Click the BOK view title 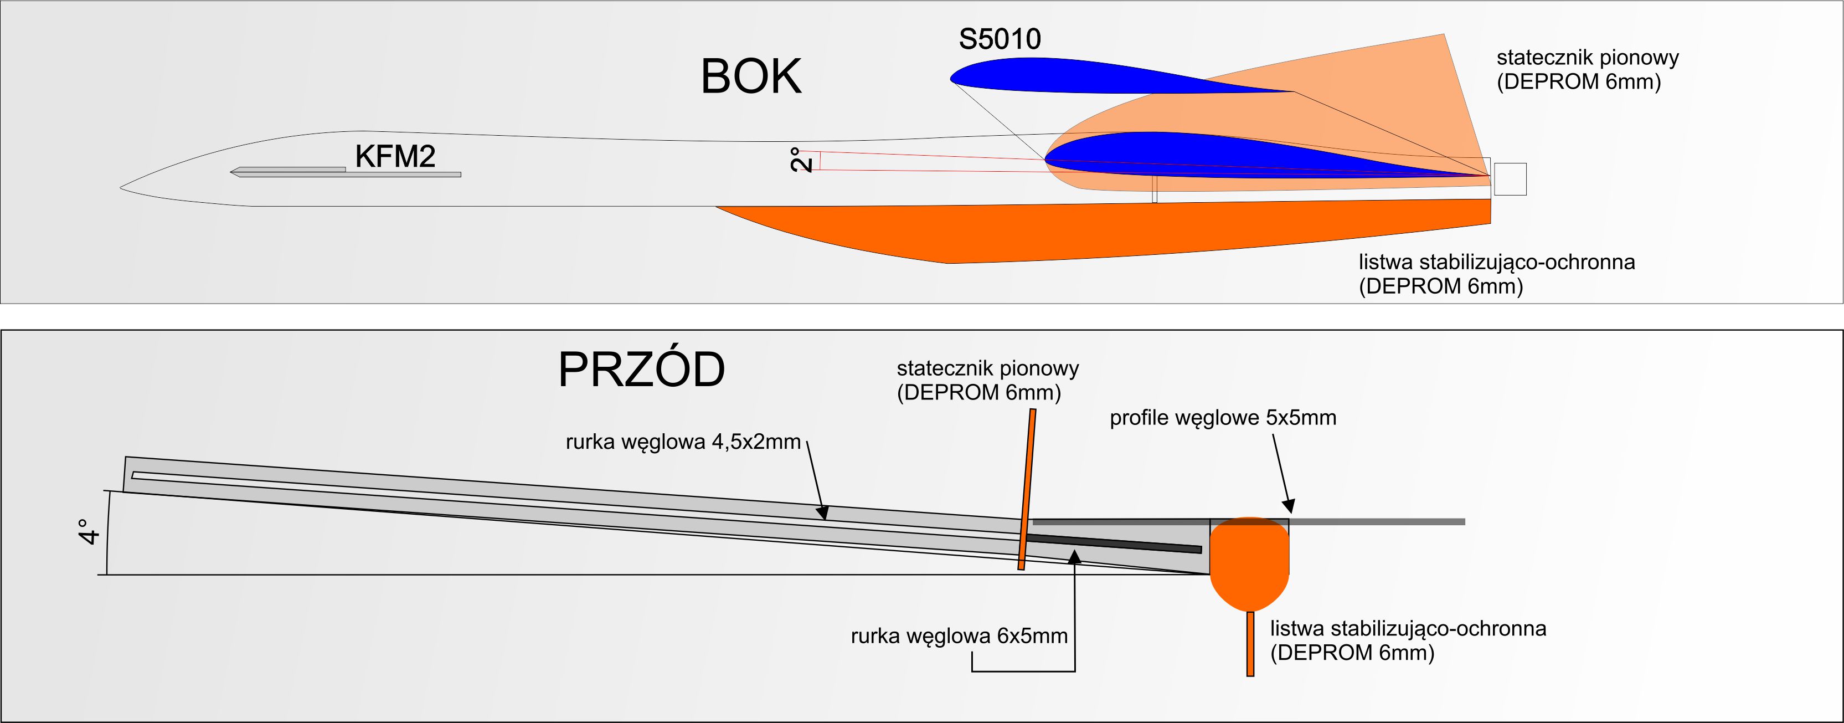[751, 76]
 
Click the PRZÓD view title [641, 370]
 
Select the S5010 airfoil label [1000, 39]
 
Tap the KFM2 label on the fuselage [395, 156]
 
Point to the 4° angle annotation [89, 532]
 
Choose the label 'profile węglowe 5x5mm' [1223, 418]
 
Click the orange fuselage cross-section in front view [1249, 566]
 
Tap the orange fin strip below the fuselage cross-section [1250, 644]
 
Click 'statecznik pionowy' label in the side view [1587, 69]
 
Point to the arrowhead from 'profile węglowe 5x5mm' [1288, 507]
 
